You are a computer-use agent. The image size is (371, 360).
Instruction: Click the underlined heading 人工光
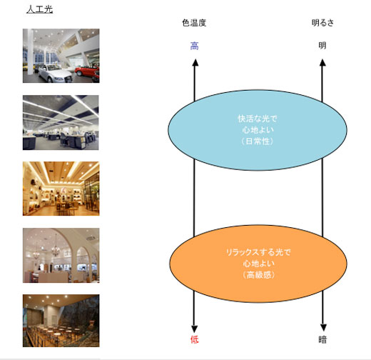pyautogui.click(x=39, y=9)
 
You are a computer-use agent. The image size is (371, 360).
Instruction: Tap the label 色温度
pyautogui.click(x=194, y=23)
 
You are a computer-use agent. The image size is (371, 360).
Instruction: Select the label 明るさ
pyautogui.click(x=322, y=23)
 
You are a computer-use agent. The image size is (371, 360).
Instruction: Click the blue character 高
pyautogui.click(x=195, y=46)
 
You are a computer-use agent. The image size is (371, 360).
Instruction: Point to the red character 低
pyautogui.click(x=195, y=339)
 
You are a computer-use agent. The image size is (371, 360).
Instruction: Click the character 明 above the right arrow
pyautogui.click(x=322, y=46)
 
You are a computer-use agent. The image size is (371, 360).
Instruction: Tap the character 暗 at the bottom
pyautogui.click(x=322, y=339)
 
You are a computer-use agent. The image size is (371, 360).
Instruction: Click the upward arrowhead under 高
pyautogui.click(x=195, y=62)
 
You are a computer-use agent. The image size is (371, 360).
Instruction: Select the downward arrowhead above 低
pyautogui.click(x=194, y=329)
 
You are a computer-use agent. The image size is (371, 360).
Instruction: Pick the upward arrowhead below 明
pyautogui.click(x=322, y=62)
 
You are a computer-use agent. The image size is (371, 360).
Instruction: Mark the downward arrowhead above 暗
pyautogui.click(x=323, y=328)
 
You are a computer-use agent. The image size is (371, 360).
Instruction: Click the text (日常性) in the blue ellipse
pyautogui.click(x=258, y=141)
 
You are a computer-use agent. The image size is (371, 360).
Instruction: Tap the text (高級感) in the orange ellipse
pyautogui.click(x=259, y=275)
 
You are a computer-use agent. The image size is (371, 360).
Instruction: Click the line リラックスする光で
pyautogui.click(x=258, y=252)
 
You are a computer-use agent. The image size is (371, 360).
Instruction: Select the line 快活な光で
pyautogui.click(x=258, y=119)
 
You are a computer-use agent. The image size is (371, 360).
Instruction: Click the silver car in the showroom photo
pyautogui.click(x=55, y=74)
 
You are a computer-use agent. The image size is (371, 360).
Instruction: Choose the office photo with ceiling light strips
pyautogui.click(x=61, y=123)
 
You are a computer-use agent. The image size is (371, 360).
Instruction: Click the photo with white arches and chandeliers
pyautogui.click(x=61, y=256)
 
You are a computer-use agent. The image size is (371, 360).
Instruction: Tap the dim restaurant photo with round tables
pyautogui.click(x=61, y=321)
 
